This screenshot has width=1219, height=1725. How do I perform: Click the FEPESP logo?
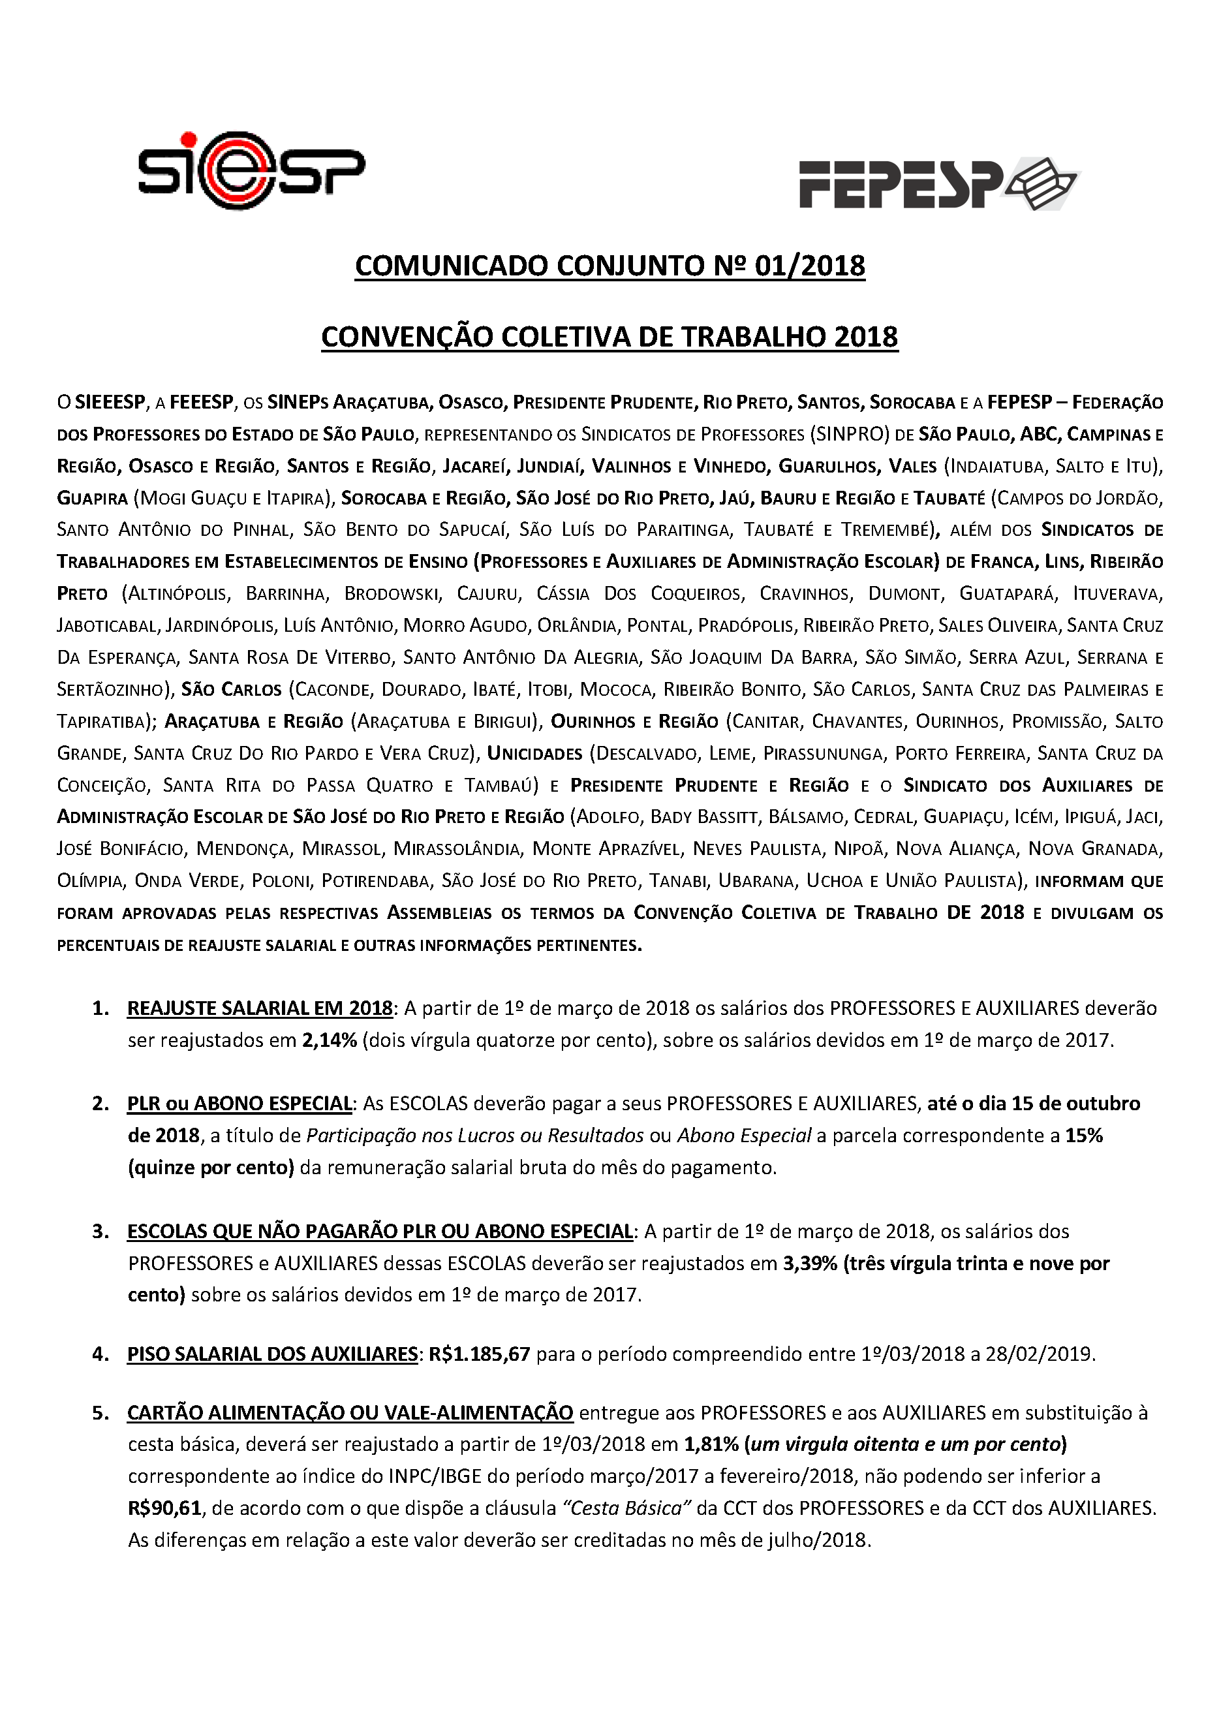[938, 183]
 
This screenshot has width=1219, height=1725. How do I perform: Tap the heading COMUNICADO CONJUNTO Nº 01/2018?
[610, 266]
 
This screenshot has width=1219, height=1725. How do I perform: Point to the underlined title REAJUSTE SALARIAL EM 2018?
[260, 1008]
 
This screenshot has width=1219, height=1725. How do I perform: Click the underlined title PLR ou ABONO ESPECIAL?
[239, 1104]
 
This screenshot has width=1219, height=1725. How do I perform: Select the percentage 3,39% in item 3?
[810, 1264]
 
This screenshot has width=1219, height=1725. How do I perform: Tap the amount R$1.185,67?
[479, 1354]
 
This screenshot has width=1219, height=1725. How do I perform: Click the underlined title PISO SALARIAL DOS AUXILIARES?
[273, 1354]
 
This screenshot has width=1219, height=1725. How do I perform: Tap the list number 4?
[100, 1354]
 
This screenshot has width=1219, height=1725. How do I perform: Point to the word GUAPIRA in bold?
[93, 498]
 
